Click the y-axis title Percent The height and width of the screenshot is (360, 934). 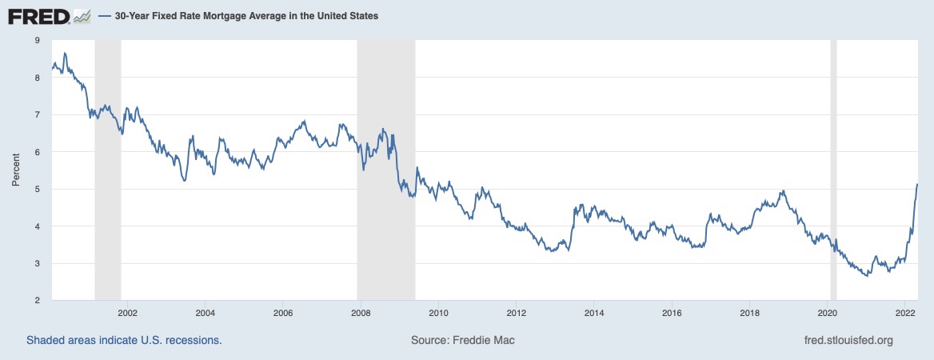(15, 170)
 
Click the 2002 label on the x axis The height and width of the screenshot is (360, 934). (128, 313)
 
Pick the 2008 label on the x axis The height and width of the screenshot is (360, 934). (361, 313)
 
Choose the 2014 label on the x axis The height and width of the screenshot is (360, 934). (593, 313)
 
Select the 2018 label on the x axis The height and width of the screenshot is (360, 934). (748, 313)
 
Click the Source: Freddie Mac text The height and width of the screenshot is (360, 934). (463, 340)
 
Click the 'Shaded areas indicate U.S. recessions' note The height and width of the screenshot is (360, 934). (124, 340)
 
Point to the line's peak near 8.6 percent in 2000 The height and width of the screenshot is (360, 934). (64, 54)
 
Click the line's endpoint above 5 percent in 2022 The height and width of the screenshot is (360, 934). (916, 184)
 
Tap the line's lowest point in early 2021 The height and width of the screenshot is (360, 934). (868, 276)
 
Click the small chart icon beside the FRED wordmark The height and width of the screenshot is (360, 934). (82, 15)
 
